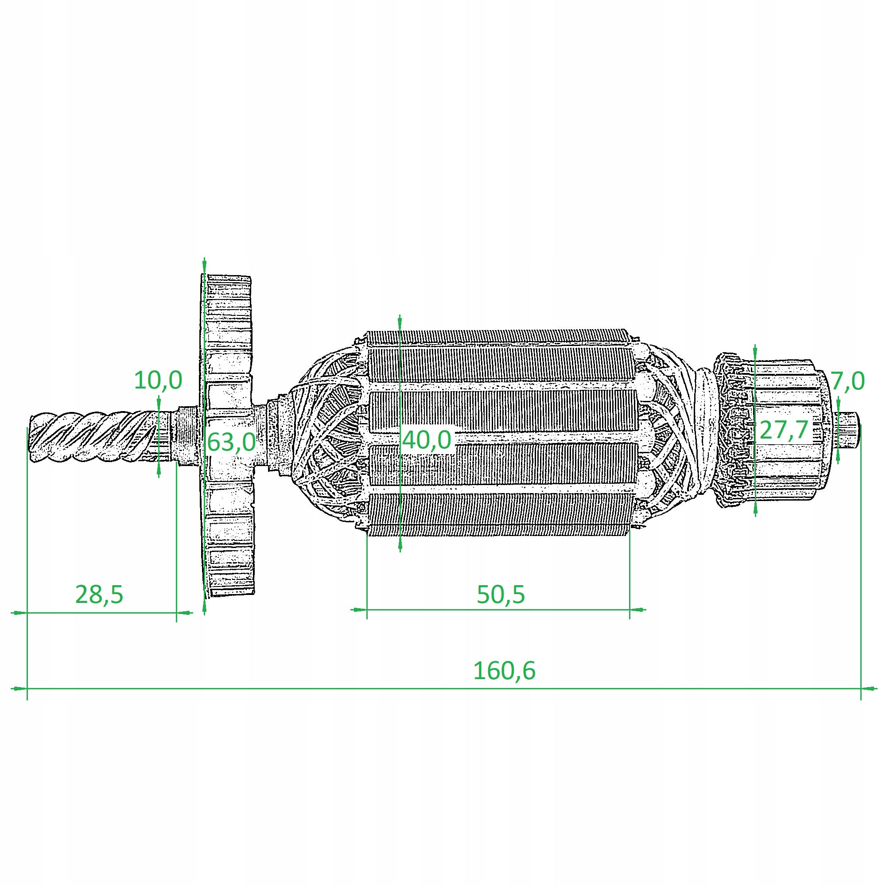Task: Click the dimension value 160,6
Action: [504, 671]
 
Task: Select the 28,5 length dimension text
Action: [99, 595]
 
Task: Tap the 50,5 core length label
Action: [500, 595]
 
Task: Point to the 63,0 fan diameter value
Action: [231, 442]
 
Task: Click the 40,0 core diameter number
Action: [427, 440]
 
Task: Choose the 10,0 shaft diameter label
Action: [158, 380]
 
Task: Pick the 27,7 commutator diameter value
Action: [783, 430]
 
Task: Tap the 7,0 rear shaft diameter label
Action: [848, 381]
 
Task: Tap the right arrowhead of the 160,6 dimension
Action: [869, 688]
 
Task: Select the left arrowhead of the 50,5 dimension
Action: [359, 610]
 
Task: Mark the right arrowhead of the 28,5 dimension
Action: [184, 612]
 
